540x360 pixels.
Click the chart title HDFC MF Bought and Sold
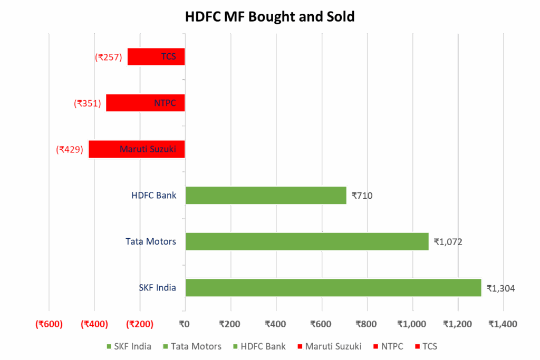[269, 17]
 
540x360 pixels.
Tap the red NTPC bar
[145, 103]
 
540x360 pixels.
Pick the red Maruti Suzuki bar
[136, 149]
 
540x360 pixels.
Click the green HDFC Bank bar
[266, 196]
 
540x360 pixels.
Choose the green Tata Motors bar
[307, 241]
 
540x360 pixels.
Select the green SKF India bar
[333, 288]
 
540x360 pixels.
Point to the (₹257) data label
[109, 57]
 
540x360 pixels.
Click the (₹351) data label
[87, 103]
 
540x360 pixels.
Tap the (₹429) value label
[70, 150]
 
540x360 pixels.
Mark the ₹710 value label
[362, 196]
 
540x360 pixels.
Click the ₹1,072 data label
[448, 242]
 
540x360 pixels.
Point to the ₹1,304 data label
[500, 288]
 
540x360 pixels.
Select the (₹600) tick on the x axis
[49, 324]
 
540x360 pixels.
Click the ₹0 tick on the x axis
[185, 324]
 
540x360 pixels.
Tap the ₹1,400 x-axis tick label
[503, 324]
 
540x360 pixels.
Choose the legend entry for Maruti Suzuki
[329, 346]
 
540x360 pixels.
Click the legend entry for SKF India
[129, 346]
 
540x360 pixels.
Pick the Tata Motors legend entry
[192, 346]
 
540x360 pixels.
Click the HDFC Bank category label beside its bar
[154, 196]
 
